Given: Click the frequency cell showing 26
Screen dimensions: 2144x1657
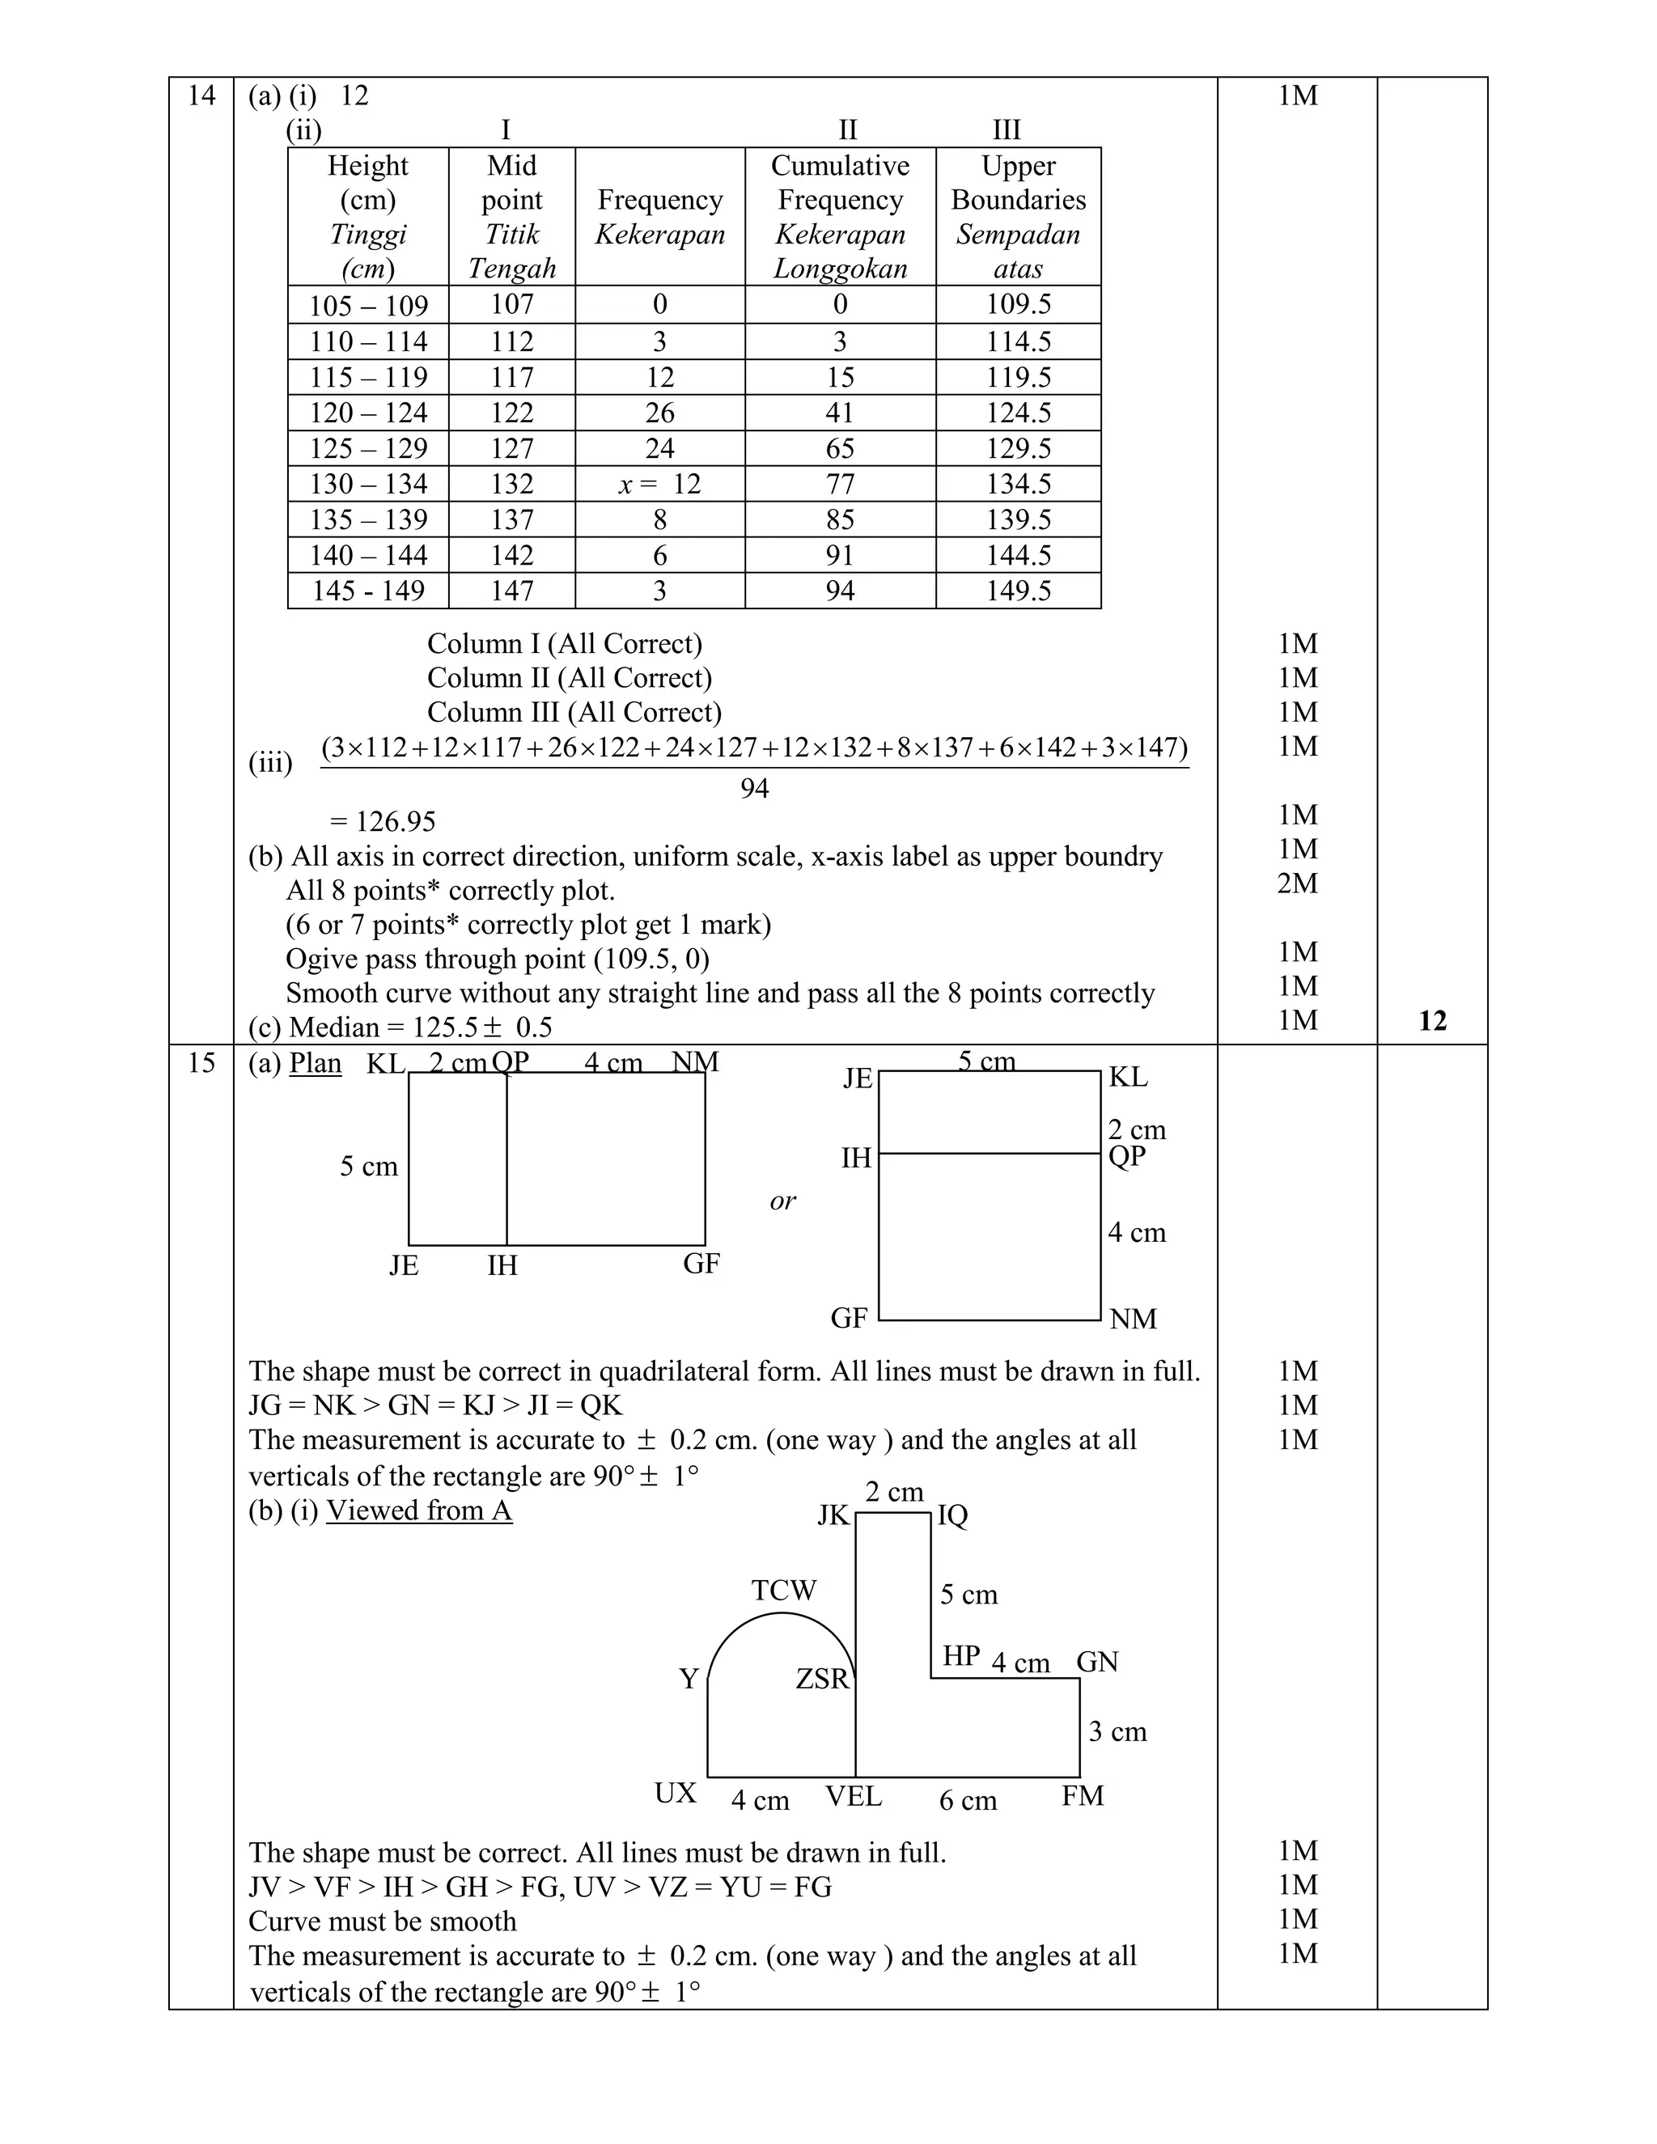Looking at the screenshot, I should tap(659, 413).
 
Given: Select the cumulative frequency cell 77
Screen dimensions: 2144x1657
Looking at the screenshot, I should tap(841, 484).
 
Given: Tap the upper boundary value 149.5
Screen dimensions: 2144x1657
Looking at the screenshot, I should tap(1018, 591).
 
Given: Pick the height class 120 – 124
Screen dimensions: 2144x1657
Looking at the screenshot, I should tap(368, 413).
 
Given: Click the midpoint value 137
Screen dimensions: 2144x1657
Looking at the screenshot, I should tap(511, 519).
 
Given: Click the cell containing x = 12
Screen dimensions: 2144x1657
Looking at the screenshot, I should tap(659, 484).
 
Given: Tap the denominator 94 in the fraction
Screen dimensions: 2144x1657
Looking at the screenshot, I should tap(754, 788).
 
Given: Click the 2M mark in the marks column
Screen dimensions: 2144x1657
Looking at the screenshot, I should tap(1297, 883).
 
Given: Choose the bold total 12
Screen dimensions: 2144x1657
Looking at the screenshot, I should tap(1432, 1021).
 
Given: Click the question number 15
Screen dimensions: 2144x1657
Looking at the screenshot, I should tap(201, 1063).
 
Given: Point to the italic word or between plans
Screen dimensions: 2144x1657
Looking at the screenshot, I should tap(782, 1201).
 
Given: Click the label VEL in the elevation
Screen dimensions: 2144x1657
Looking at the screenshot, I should tap(853, 1795).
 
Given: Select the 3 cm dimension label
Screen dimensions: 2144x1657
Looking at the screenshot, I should tap(1117, 1731).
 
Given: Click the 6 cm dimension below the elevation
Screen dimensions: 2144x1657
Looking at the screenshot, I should tap(968, 1800).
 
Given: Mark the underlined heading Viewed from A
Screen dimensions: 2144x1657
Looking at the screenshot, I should tap(419, 1510).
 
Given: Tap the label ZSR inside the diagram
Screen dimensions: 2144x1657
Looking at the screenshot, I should tap(822, 1679).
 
